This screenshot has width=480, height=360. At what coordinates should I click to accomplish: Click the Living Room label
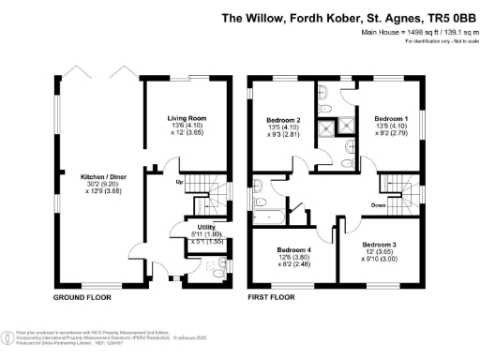coord(187,118)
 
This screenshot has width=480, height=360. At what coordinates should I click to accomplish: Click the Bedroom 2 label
coord(284,121)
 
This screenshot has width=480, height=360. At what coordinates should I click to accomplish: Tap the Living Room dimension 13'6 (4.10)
coord(187,126)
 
